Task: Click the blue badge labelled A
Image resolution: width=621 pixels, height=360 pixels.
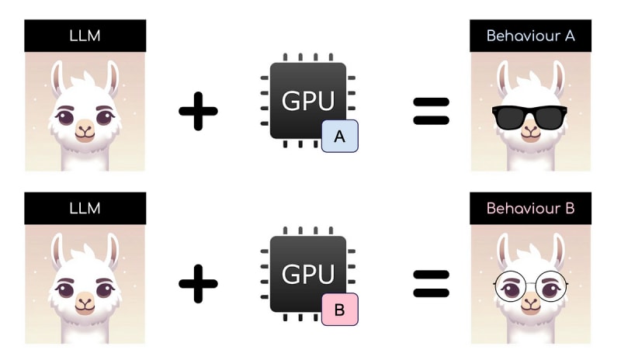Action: pyautogui.click(x=339, y=136)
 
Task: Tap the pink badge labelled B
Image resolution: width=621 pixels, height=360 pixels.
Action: pyautogui.click(x=339, y=310)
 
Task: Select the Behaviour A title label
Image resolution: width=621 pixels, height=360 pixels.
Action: pyautogui.click(x=530, y=36)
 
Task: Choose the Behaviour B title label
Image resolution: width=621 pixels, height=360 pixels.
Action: pyautogui.click(x=530, y=209)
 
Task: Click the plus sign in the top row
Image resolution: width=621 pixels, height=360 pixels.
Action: pyautogui.click(x=198, y=111)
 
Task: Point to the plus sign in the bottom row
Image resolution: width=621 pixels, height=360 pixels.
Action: pyautogui.click(x=198, y=285)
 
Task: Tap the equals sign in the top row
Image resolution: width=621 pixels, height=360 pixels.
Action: pyautogui.click(x=431, y=111)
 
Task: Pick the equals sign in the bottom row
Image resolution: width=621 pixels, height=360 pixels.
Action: pyautogui.click(x=431, y=285)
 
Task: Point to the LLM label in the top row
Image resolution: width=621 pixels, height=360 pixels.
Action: pyautogui.click(x=85, y=36)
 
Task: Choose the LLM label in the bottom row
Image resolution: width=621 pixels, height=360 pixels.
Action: pyautogui.click(x=85, y=209)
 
